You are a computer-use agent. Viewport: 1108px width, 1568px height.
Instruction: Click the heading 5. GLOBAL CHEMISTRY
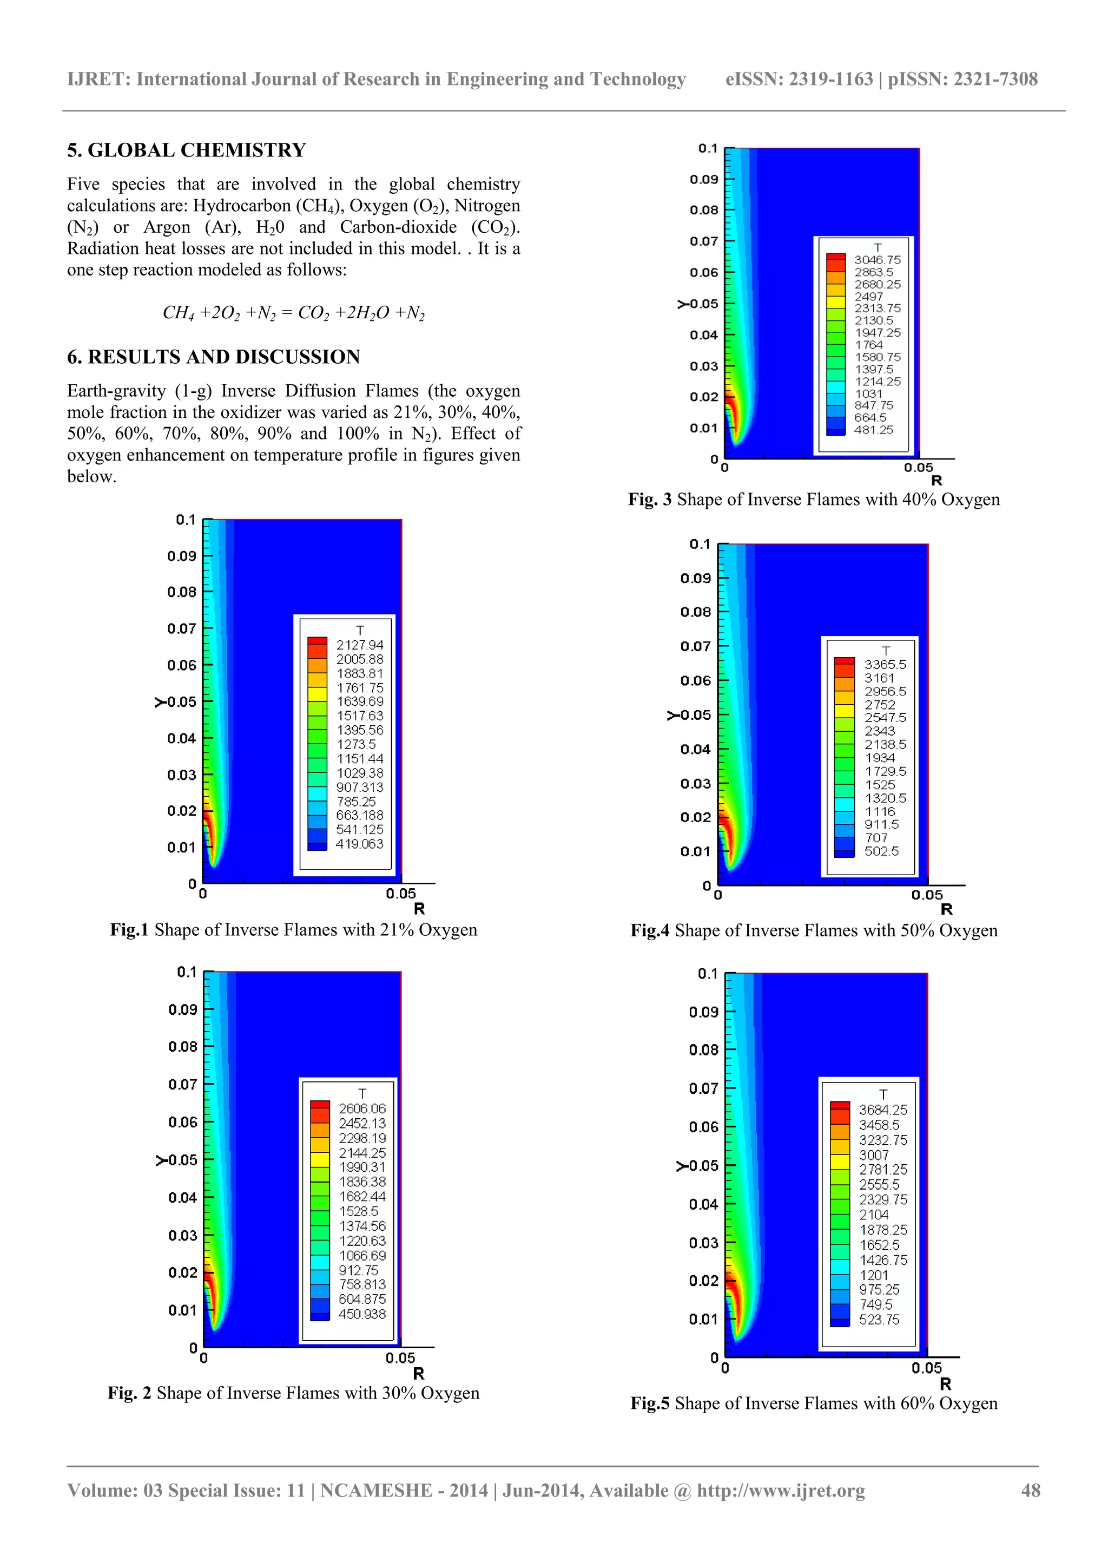[x=186, y=150]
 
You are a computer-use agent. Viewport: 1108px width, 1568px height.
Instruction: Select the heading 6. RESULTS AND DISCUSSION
[x=213, y=357]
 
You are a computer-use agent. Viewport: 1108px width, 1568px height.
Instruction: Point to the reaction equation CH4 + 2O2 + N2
[x=294, y=313]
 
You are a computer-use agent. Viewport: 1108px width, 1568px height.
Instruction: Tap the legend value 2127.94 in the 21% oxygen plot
[x=360, y=645]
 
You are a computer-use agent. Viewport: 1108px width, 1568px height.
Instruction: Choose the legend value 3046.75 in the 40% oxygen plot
[x=877, y=260]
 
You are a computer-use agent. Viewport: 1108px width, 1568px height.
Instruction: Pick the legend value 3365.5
[x=885, y=665]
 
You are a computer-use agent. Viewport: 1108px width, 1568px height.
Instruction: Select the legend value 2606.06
[x=362, y=1109]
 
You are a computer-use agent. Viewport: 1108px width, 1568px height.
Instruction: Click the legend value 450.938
[x=362, y=1314]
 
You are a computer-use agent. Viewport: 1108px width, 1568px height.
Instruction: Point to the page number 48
[x=1030, y=1491]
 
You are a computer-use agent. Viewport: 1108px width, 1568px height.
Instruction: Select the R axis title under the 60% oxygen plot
[x=946, y=1385]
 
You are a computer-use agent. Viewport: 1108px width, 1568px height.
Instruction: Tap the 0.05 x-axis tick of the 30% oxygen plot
[x=400, y=1359]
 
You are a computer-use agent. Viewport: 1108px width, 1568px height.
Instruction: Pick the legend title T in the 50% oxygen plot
[x=886, y=651]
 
